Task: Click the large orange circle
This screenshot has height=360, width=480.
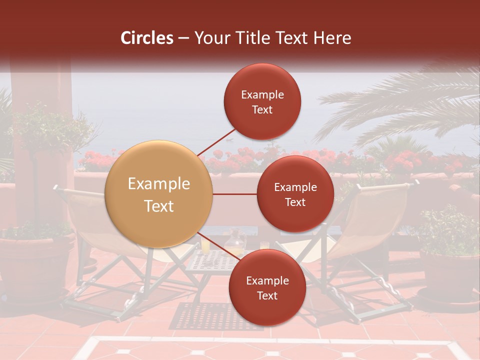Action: coord(158,194)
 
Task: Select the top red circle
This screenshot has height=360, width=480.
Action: coord(262,101)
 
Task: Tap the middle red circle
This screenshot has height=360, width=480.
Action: coord(295,194)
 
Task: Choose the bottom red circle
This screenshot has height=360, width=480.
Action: coord(267,287)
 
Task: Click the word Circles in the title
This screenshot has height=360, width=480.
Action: coord(146,38)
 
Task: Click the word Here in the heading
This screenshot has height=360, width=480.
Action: coord(332,38)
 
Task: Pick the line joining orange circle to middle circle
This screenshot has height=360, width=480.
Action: coord(235,194)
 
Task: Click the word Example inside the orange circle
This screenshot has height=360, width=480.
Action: coord(159,184)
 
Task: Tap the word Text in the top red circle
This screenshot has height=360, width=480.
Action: coord(262,109)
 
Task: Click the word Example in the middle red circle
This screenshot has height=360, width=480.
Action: coord(295,187)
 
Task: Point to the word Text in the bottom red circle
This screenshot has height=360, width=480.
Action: coord(267,295)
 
